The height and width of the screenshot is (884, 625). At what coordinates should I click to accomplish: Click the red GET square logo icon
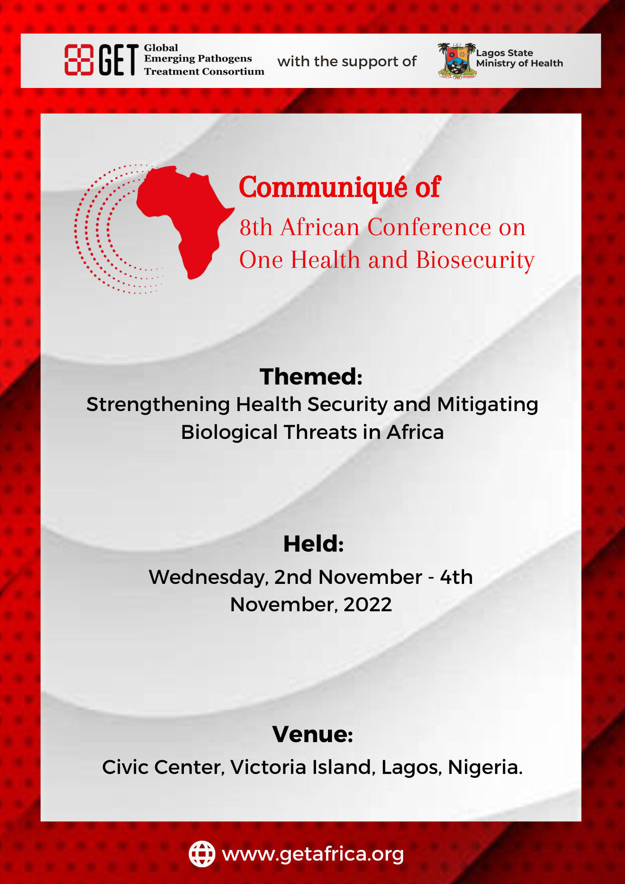tap(79, 60)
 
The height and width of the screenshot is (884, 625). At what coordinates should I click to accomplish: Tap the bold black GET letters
tap(118, 60)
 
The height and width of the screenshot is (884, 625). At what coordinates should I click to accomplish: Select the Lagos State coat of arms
tap(457, 61)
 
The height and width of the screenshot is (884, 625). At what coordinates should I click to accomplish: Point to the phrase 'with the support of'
tap(347, 61)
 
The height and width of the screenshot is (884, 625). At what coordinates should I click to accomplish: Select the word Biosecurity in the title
tap(475, 260)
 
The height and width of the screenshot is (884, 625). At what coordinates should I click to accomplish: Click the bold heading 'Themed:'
tap(311, 377)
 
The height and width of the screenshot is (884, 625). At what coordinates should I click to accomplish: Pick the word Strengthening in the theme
tap(158, 405)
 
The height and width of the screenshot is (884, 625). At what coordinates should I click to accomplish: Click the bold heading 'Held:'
tap(313, 544)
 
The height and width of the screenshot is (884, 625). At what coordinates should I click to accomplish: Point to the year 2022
tap(368, 605)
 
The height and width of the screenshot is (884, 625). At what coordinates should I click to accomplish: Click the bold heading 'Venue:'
tap(312, 734)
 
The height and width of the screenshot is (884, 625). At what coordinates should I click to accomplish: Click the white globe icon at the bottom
tap(202, 854)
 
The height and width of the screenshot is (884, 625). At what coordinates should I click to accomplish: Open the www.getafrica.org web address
tap(313, 854)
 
